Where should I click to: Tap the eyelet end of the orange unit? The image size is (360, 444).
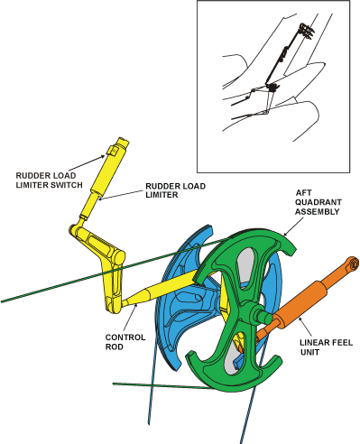pyautogui.click(x=353, y=264)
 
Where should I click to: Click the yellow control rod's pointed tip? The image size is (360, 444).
pyautogui.click(x=125, y=303)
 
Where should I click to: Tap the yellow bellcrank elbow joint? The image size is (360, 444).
pyautogui.click(x=81, y=236)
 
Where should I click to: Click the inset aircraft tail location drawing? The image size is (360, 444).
pyautogui.click(x=276, y=86)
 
